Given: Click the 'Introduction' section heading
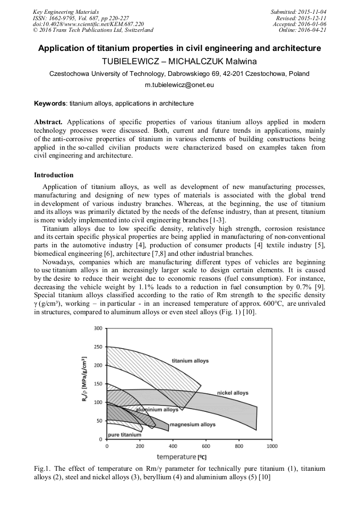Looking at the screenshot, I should pos(54,175).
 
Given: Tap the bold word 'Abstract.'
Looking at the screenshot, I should pos(48,122).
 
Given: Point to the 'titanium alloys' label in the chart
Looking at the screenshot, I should pos(190,361).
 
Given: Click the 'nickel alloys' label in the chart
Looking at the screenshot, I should pos(233,393).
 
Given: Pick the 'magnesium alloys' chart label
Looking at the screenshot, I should pos(192,425).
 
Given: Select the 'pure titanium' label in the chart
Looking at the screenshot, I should pos(124,435).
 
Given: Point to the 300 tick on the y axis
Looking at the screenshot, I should pos(98,329).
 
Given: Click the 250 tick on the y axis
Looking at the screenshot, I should pos(98,347).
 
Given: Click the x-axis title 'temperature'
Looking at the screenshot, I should pos(176,456).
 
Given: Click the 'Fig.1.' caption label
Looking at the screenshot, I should pos(42,469).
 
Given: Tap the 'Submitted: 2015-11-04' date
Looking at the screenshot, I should pos(298,12).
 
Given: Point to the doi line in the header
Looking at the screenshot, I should pos(88,24).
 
